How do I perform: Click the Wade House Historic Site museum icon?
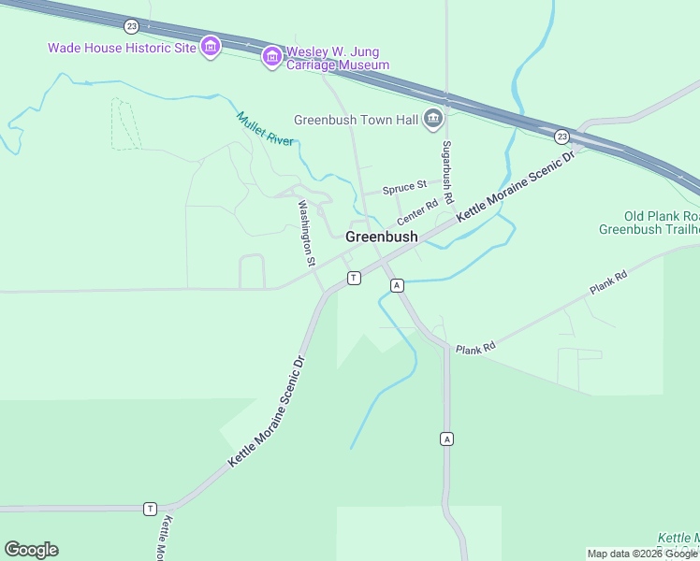(x=210, y=47)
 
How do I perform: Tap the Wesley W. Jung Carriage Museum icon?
(x=272, y=57)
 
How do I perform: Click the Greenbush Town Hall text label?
(x=355, y=120)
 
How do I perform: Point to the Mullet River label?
(x=265, y=128)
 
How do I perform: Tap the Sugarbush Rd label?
(x=448, y=174)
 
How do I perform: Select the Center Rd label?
(x=417, y=211)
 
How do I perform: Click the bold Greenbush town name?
(x=381, y=237)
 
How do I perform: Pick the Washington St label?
(x=306, y=233)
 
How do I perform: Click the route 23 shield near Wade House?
(x=132, y=25)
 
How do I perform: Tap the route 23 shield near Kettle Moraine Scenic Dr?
(x=561, y=136)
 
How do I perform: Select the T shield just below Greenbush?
(x=354, y=278)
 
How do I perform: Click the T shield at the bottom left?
(x=150, y=509)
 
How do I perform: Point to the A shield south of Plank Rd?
(x=446, y=439)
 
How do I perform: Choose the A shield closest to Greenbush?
(x=397, y=284)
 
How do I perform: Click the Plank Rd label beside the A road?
(x=474, y=349)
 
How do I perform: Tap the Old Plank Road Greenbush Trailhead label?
(x=649, y=223)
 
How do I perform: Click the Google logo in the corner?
(x=31, y=550)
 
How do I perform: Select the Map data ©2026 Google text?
(x=642, y=554)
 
